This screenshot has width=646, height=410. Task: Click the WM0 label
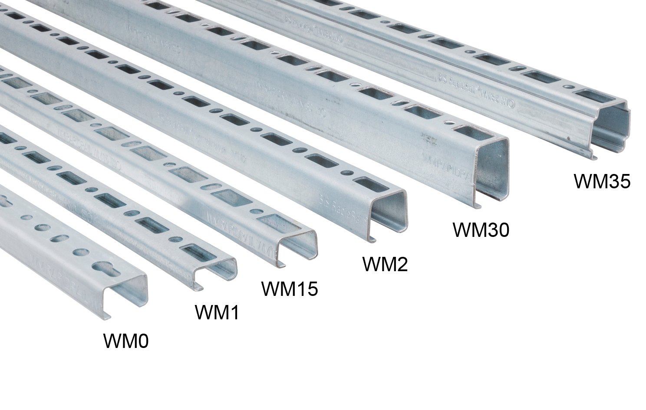(x=126, y=341)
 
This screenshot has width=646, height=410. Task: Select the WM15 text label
(x=290, y=289)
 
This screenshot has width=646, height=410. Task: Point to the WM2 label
(x=385, y=264)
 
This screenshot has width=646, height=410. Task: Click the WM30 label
(x=481, y=230)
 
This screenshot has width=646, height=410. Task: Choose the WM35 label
(x=602, y=181)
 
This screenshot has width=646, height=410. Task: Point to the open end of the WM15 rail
(x=295, y=247)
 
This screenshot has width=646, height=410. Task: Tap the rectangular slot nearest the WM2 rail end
(x=365, y=184)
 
